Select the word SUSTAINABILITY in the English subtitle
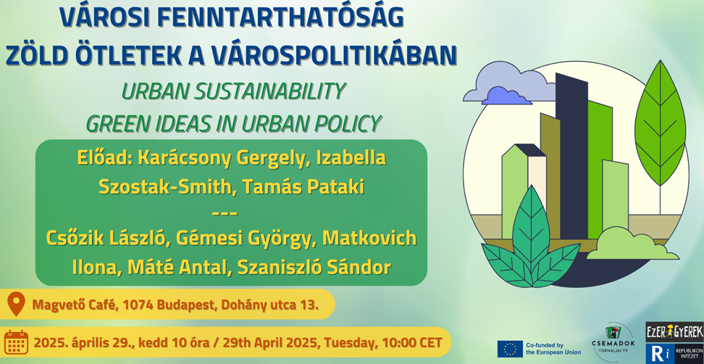click(270, 91)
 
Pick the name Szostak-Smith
click(164, 187)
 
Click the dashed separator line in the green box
click(225, 213)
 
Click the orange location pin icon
click(16, 305)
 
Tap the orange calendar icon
click(16, 342)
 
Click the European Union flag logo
click(510, 349)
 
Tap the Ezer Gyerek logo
click(674, 331)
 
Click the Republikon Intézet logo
click(674, 352)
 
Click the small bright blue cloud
click(506, 96)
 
